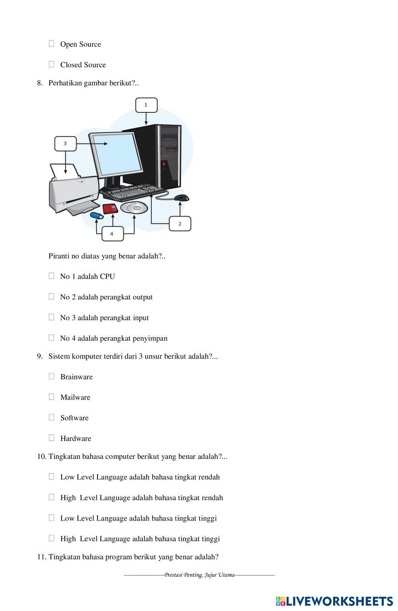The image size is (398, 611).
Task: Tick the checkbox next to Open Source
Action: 51,44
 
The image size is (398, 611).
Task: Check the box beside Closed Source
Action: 51,64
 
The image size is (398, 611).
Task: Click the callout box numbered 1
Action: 146,105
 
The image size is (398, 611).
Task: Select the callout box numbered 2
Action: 179,223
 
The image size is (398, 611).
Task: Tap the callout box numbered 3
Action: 65,143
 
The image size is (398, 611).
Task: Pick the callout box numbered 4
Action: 112,233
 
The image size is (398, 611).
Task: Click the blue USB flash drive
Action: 97,216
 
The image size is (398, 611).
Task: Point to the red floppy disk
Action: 110,208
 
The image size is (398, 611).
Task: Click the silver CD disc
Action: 134,208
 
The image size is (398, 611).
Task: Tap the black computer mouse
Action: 181,198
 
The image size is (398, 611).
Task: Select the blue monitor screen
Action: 116,154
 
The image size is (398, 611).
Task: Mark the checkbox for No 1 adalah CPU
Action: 51,276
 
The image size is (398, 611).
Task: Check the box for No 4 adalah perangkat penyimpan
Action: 51,337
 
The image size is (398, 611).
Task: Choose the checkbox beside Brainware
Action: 51,376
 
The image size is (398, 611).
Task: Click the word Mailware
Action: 75,397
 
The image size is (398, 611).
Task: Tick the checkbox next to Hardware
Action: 51,438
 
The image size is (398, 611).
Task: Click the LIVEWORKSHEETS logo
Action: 334,601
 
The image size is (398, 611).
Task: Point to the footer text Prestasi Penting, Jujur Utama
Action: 199,575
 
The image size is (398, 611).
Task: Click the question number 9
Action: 40,356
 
